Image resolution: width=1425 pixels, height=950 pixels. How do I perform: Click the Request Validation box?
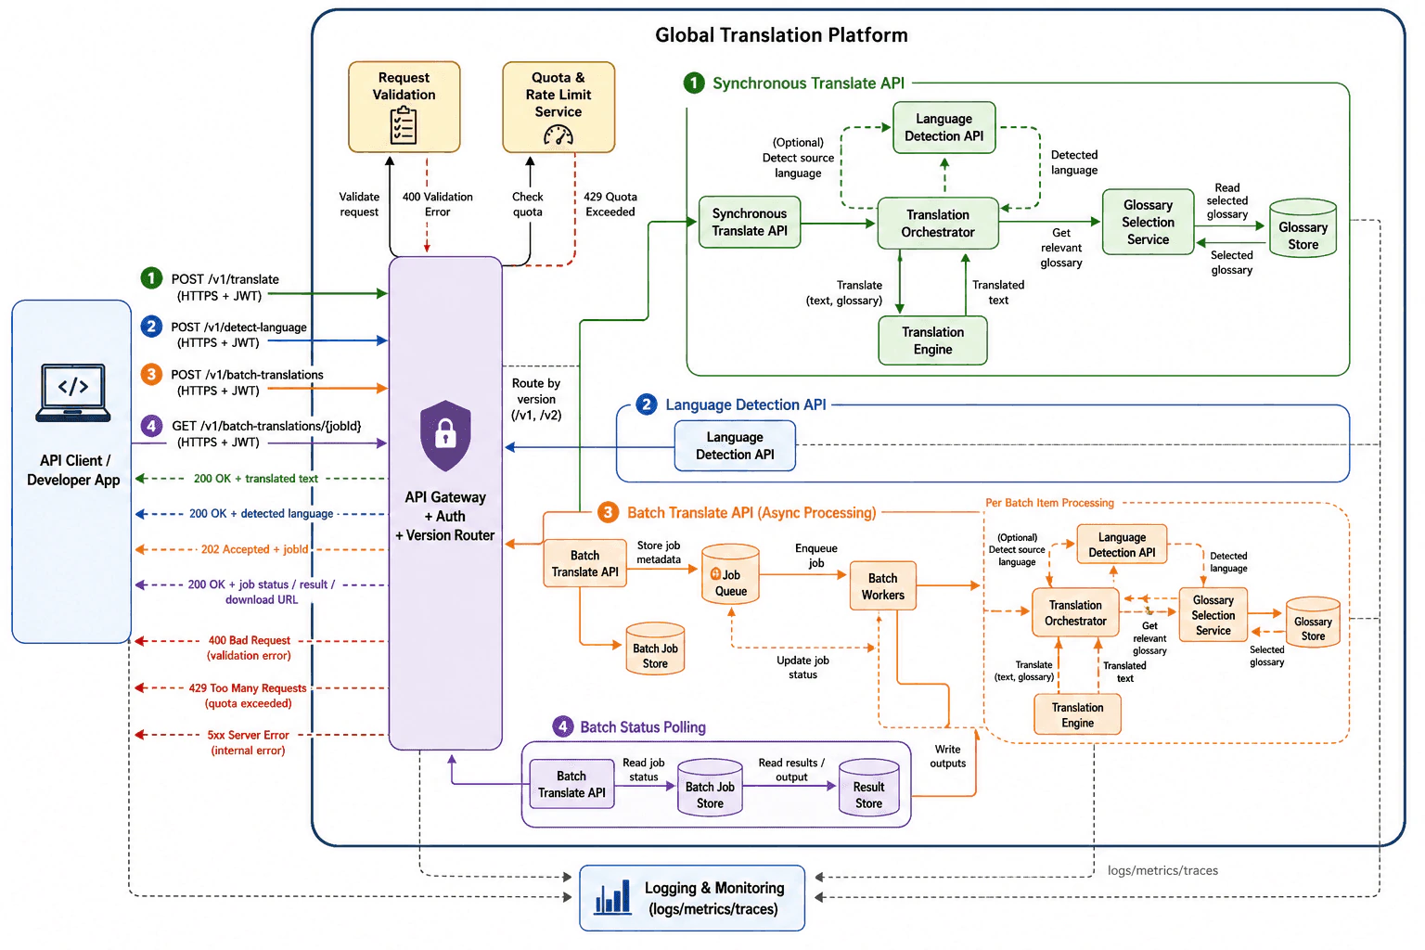click(x=404, y=107)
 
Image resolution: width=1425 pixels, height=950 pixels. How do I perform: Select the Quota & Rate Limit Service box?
click(x=558, y=107)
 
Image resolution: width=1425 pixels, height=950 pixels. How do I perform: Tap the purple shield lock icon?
click(x=445, y=436)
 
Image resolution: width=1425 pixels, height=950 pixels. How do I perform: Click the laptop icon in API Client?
click(x=73, y=392)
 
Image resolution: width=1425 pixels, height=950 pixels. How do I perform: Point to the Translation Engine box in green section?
click(x=932, y=340)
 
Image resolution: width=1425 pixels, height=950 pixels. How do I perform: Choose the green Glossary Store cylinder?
click(x=1303, y=228)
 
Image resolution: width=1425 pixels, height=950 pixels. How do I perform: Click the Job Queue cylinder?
click(x=730, y=573)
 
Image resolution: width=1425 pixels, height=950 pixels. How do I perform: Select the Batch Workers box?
click(x=883, y=585)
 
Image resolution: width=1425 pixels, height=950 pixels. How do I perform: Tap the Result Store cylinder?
click(x=868, y=787)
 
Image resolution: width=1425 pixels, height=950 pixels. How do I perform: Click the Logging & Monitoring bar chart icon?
click(x=612, y=897)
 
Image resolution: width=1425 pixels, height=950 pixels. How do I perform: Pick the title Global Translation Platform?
click(x=781, y=35)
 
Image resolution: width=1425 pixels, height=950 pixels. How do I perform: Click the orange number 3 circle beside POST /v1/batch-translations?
click(x=151, y=374)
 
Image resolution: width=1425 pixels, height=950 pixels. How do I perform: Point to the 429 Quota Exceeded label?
click(x=610, y=204)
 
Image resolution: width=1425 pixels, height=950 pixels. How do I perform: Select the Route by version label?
click(x=536, y=400)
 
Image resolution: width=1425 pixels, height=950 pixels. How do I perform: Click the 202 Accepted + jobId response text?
click(x=254, y=549)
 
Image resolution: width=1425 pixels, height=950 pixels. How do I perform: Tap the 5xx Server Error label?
click(x=248, y=742)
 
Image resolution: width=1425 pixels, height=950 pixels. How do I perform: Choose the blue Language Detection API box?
click(x=735, y=445)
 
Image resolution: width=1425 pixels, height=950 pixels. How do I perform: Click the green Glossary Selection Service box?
click(x=1148, y=222)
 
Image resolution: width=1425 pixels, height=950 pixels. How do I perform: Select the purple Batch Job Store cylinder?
click(x=710, y=787)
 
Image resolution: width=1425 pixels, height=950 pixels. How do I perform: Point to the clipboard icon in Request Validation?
click(x=404, y=125)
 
